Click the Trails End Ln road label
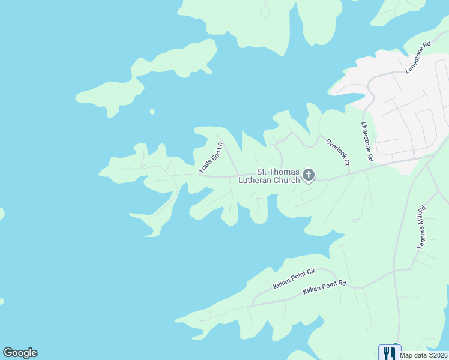coord(211,158)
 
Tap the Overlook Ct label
coord(338,152)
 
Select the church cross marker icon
coord(309,175)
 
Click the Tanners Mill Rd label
coord(421,227)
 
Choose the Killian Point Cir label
coord(294,279)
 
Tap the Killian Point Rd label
coord(325,287)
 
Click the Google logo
coord(20,353)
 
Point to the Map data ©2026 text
coord(423,355)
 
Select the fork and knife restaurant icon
coord(387,352)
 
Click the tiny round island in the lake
coord(152,111)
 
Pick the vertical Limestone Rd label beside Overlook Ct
coord(367,142)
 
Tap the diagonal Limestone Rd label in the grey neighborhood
coord(418,57)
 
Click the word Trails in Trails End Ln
coord(205,167)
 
